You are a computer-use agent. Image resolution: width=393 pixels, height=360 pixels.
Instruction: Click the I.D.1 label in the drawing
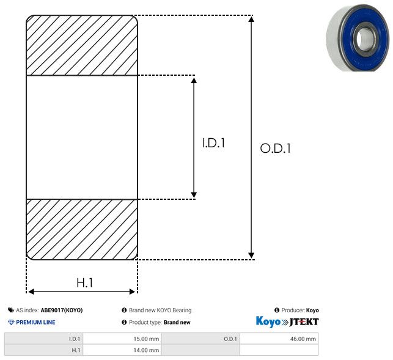point(213,143)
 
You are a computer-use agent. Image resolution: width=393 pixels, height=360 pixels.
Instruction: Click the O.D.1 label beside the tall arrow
point(276,148)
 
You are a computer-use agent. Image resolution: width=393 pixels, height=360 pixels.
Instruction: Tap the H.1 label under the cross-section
point(84,283)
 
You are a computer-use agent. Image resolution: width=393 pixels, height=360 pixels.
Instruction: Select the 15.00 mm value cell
point(122,339)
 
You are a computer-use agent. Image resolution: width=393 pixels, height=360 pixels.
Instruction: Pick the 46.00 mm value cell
point(279,339)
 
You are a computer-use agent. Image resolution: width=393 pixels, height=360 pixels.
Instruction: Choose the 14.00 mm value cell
point(122,350)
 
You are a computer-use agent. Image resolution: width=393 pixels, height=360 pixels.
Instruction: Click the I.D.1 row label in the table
point(43,339)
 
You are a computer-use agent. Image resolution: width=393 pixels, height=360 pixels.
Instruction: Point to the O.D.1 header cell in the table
point(200,339)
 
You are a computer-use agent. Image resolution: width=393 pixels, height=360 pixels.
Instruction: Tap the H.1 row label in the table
point(43,350)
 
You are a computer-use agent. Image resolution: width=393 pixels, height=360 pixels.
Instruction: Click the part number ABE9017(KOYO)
point(62,310)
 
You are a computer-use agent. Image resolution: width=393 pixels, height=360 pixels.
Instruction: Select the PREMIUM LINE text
point(35,322)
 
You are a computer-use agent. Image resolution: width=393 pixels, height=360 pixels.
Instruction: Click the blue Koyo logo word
point(268,321)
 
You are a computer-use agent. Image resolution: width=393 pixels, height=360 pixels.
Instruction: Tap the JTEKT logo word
point(304,322)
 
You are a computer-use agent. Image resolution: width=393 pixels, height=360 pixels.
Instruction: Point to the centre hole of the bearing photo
point(363,39)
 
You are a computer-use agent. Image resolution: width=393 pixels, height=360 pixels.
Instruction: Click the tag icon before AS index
point(11,310)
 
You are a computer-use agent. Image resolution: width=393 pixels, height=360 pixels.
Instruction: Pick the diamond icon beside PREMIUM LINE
point(11,322)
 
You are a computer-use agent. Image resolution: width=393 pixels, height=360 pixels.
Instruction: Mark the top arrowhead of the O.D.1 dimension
point(251,19)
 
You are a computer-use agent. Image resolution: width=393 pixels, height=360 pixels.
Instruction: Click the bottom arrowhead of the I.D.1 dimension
point(194,194)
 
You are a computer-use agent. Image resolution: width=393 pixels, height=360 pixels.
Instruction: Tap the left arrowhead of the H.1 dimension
point(31,292)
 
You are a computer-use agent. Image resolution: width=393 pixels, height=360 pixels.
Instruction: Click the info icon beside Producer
point(277,310)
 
